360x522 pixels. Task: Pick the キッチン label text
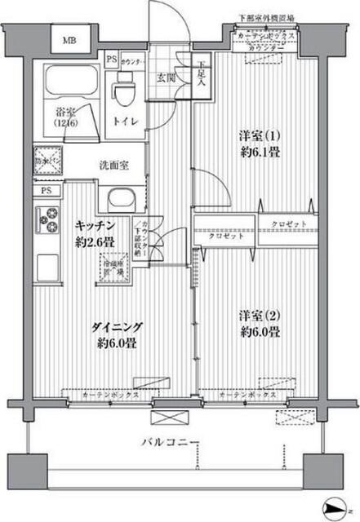click(95, 224)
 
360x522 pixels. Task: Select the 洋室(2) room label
click(258, 314)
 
